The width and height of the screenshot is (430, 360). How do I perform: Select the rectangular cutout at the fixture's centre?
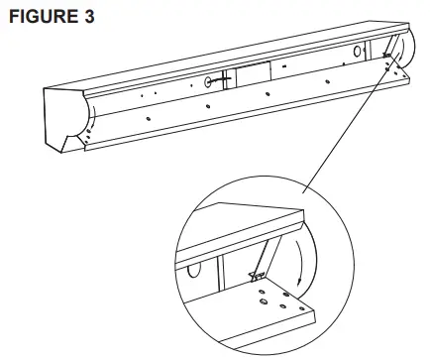(x=250, y=75)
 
